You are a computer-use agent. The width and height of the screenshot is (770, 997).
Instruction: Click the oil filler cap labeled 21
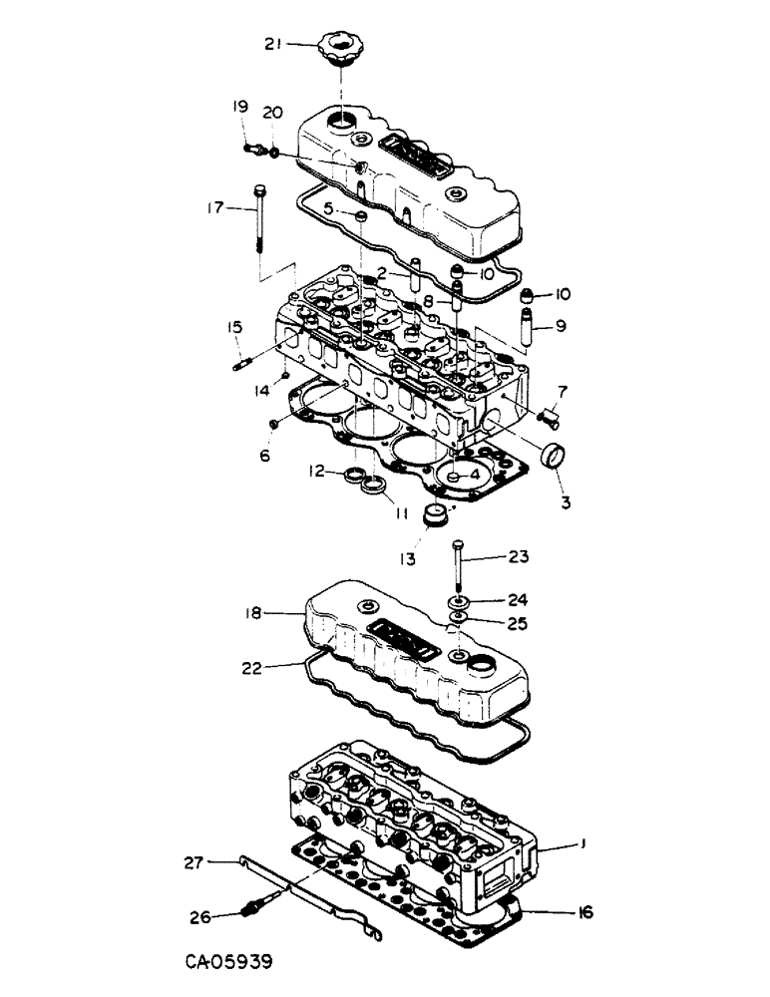click(339, 48)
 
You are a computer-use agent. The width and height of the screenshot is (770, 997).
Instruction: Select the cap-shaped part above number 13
click(434, 516)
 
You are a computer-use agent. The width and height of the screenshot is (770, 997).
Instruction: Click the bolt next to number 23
click(457, 568)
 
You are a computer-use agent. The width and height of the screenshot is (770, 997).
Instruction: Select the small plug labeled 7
click(549, 413)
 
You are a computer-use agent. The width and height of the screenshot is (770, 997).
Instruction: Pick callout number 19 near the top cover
click(240, 106)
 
